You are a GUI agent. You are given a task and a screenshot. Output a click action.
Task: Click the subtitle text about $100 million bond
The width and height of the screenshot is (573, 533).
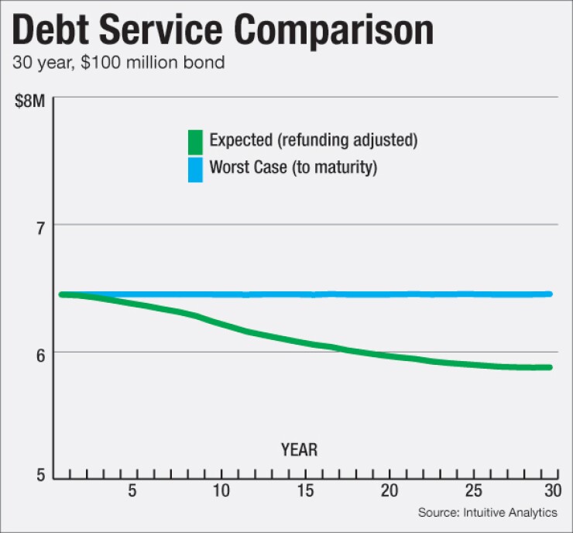119,63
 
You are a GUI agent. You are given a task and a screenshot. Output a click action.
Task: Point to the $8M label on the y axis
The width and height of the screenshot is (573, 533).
31,102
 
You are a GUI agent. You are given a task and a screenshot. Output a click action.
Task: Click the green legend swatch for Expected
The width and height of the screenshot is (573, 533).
195,142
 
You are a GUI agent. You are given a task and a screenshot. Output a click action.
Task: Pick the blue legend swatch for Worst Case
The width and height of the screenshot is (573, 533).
195,169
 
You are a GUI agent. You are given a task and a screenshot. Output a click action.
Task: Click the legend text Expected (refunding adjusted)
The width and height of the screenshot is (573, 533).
314,142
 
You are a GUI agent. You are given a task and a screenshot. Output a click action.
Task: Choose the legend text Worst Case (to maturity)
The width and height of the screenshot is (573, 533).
293,167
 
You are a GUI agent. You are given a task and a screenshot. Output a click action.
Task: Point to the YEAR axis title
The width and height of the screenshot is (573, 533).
300,449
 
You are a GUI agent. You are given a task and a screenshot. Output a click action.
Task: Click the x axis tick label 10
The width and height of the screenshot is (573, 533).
221,491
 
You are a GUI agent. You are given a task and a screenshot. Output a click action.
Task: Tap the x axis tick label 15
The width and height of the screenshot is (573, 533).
305,491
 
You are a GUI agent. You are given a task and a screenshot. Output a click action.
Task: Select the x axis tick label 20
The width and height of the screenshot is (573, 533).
389,491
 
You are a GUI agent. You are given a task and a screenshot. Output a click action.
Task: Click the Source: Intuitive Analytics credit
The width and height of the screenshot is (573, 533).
488,513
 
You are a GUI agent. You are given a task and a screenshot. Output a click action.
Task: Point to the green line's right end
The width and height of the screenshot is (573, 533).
550,367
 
